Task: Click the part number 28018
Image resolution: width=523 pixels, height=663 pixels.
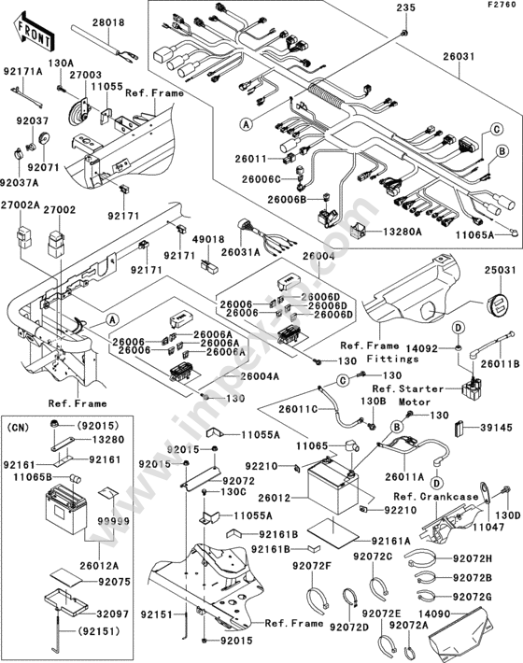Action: [x=108, y=22]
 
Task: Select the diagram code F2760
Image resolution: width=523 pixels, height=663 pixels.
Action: [x=502, y=5]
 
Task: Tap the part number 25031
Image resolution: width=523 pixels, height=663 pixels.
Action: [x=500, y=269]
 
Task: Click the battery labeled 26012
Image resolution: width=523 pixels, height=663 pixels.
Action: [x=332, y=486]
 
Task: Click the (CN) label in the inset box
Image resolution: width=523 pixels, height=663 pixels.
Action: [x=18, y=428]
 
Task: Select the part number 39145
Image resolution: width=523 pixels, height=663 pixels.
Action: [x=496, y=428]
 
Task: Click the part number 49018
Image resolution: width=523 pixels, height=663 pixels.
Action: [x=209, y=240]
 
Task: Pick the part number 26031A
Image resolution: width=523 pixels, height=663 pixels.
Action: [x=241, y=252]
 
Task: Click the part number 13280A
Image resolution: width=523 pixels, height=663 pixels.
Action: [x=403, y=232]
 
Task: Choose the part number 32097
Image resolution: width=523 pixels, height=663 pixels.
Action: [x=112, y=614]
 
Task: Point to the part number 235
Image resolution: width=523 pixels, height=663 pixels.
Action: [x=406, y=7]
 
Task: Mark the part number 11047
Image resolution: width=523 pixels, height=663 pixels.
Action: [x=488, y=528]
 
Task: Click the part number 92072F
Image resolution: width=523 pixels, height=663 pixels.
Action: [x=311, y=565]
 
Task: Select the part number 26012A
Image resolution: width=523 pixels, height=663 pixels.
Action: [x=99, y=565]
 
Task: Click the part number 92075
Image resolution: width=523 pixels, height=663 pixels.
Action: [x=114, y=582]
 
